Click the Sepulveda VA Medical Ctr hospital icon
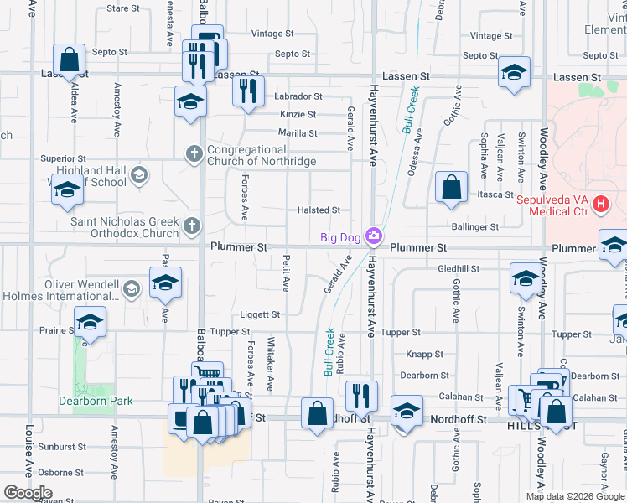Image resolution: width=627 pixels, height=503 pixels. click(x=600, y=204)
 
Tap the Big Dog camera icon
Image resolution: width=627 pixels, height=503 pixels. click(x=374, y=237)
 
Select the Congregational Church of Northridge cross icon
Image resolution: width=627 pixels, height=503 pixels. click(x=194, y=153)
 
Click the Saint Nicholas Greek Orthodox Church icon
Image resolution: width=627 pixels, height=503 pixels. click(x=192, y=225)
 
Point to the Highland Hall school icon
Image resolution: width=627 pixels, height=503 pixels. click(x=139, y=175)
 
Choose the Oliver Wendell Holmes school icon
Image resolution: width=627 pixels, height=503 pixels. click(x=131, y=289)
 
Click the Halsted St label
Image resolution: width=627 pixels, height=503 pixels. click(x=319, y=210)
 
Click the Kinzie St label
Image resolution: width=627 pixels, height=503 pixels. click(x=298, y=115)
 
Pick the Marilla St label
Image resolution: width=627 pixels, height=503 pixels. click(x=298, y=133)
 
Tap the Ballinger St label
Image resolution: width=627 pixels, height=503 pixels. click(x=475, y=226)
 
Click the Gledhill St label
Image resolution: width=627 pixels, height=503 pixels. click(x=458, y=269)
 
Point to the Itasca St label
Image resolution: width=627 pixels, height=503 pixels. click(x=495, y=194)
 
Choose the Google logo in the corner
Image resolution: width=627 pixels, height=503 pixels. click(x=28, y=493)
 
